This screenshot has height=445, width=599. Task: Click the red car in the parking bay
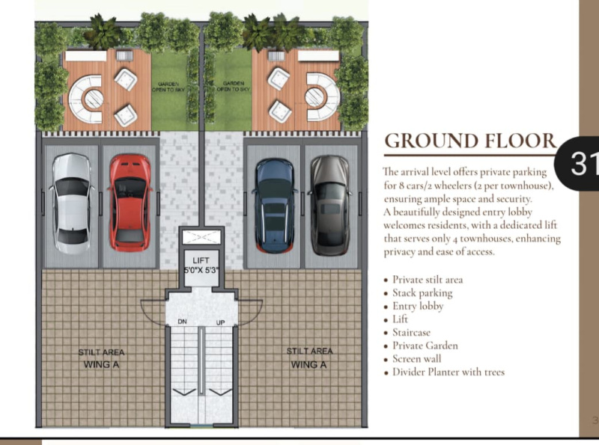click(130, 203)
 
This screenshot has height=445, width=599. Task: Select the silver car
click(71, 203)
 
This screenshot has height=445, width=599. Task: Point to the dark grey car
click(330, 205)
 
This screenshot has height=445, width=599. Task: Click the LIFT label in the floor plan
click(201, 260)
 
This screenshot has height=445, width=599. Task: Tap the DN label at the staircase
click(182, 322)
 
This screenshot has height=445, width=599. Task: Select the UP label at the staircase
click(220, 322)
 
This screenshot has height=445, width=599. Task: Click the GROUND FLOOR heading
click(470, 141)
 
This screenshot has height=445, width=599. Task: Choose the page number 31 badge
click(578, 163)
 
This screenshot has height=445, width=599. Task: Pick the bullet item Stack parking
click(422, 293)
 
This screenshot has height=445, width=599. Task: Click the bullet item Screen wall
click(417, 359)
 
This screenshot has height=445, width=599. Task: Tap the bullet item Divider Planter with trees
click(449, 372)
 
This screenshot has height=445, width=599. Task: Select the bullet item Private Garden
click(425, 346)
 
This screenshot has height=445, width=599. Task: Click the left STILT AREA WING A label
click(101, 358)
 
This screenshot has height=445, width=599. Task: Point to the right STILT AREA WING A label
click(309, 357)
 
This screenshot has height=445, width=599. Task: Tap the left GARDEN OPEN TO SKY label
click(168, 87)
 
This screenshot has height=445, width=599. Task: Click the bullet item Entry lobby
click(418, 307)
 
